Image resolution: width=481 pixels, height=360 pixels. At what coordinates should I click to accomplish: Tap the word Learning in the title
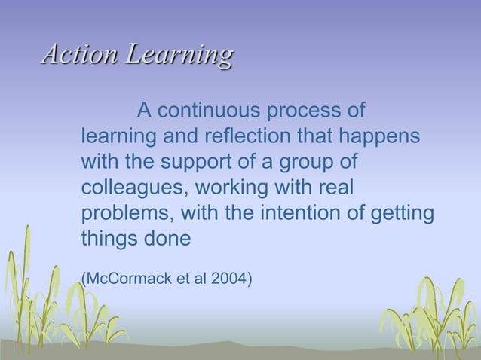180,55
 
